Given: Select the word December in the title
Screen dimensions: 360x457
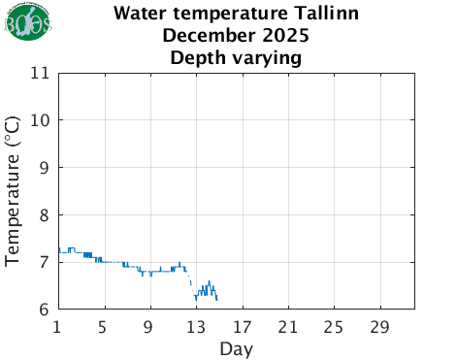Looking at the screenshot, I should (x=200, y=37).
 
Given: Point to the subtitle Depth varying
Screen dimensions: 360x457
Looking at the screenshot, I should (x=236, y=58).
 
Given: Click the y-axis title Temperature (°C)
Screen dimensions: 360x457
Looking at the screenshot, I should (x=14, y=191).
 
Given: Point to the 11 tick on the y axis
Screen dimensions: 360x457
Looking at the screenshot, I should (x=40, y=73).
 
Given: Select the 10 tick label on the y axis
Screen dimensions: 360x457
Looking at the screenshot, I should (x=40, y=120).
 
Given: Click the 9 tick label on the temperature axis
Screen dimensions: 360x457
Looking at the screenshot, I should (x=45, y=167).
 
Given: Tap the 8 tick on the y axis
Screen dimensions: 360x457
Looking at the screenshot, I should (x=45, y=214).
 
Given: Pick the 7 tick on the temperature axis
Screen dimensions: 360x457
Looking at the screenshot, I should (x=45, y=262).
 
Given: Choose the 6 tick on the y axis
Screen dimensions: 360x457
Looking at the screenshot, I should (x=45, y=310).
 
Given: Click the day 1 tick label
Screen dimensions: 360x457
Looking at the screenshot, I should (x=58, y=325).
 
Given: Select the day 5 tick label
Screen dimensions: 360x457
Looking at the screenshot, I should (x=103, y=325).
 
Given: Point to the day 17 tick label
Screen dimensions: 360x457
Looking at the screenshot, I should (x=242, y=325).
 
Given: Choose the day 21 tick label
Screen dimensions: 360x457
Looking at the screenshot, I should (x=287, y=325).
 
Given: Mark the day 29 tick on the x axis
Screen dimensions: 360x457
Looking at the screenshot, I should (x=379, y=325).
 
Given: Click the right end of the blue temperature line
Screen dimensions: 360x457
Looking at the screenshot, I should (x=217, y=299).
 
